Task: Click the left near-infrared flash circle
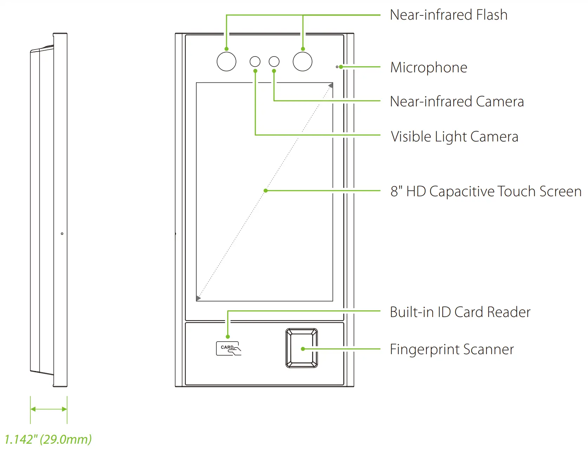point(227,62)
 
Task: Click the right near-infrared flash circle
point(302,62)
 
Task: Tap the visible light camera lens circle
point(255,62)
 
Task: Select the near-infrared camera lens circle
point(274,62)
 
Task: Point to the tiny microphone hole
point(337,67)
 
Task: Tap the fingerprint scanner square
point(302,348)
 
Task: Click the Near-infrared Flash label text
point(449,15)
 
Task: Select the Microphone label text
point(429,67)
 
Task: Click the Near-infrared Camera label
point(457,101)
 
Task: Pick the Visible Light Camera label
point(455,137)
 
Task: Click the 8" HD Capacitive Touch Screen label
point(486,191)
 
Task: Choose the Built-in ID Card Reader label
point(460,312)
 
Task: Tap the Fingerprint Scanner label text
point(452,349)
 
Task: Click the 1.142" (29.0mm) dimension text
point(48,439)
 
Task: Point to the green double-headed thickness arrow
point(48,409)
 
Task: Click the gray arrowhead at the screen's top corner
point(331,85)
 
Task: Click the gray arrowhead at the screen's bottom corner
point(198,298)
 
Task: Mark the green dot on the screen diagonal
point(266,191)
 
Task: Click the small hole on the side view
point(62,233)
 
